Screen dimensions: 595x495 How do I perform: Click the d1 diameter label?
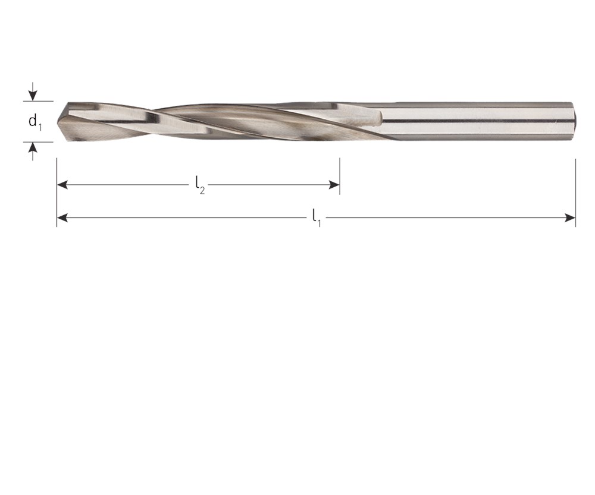point(35,122)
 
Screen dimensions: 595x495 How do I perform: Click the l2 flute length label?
point(200,185)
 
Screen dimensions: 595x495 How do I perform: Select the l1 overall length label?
point(317,218)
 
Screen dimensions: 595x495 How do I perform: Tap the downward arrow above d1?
point(33,92)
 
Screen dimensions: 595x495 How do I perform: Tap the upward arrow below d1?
point(33,152)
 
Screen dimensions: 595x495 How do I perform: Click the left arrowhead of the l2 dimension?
point(62,185)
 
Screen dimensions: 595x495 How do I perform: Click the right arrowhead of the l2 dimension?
point(334,185)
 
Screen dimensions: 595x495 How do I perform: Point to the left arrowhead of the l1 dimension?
point(62,218)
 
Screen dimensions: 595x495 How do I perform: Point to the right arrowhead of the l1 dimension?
point(570,218)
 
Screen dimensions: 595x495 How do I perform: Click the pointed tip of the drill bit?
point(58,122)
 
